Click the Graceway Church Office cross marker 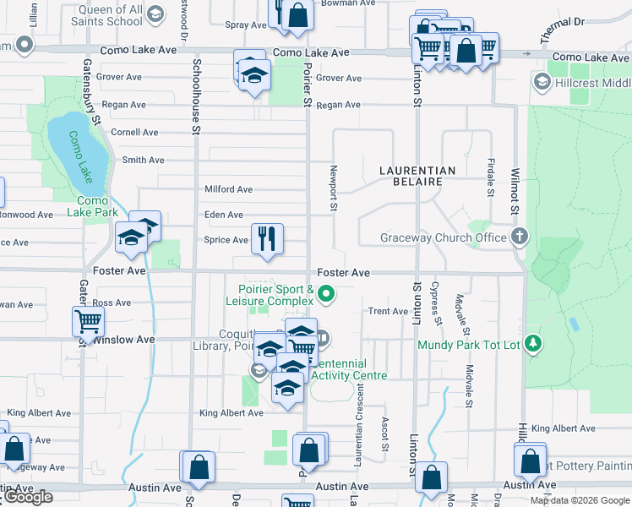(x=520, y=237)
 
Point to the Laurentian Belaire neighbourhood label (x=417, y=176)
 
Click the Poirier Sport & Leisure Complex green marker (x=325, y=295)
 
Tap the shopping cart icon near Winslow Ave (x=88, y=321)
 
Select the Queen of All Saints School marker (x=155, y=14)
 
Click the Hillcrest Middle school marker (x=542, y=82)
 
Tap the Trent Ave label (x=388, y=312)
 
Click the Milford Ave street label (x=228, y=189)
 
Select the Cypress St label (x=437, y=303)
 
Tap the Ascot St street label (x=384, y=433)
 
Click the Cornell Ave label (x=134, y=133)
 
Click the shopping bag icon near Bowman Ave (x=297, y=14)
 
